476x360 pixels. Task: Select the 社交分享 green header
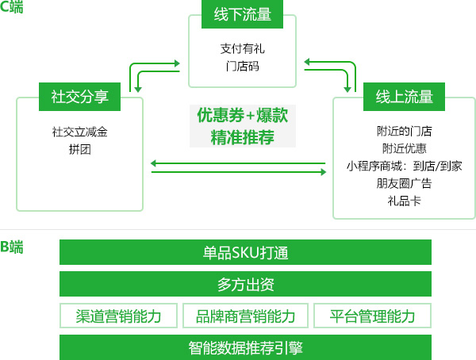tap(79, 98)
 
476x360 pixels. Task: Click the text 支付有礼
tap(242, 48)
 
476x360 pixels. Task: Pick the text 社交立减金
tap(79, 132)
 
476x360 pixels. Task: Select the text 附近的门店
tap(404, 131)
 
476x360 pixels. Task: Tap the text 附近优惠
tap(404, 148)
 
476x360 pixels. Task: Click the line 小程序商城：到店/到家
tap(404, 166)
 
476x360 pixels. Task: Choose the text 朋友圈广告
tap(404, 183)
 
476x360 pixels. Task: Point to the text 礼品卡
tap(404, 201)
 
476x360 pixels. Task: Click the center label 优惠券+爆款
tap(242, 116)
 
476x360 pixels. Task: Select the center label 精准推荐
tap(242, 136)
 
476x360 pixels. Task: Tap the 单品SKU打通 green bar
tap(245, 252)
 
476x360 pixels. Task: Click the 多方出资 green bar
tap(245, 284)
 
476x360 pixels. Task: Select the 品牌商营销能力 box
tap(245, 316)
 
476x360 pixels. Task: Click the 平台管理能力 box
tap(372, 316)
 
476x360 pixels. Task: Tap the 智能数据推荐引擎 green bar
tap(245, 347)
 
